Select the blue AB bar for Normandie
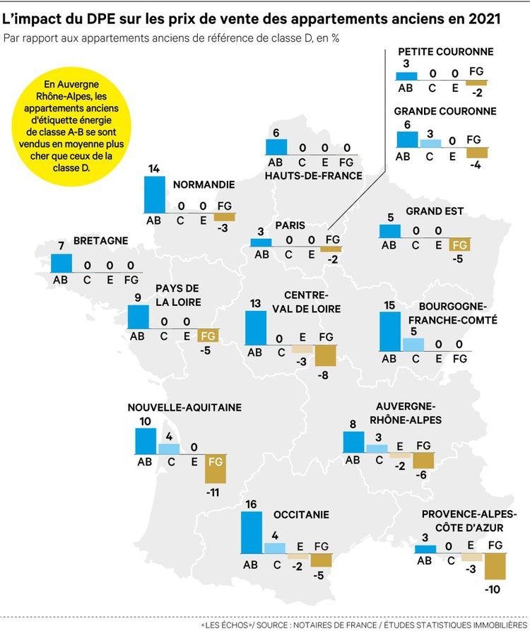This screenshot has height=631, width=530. tap(154, 194)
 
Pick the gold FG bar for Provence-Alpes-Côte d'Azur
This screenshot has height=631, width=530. tap(495, 565)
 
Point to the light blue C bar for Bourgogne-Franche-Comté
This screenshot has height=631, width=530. tap(413, 344)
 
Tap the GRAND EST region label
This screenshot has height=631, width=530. tap(435, 211)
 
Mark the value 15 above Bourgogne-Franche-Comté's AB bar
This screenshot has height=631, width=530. tap(390, 305)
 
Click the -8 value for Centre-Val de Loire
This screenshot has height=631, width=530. tap(325, 375)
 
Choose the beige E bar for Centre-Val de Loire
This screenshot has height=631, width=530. tap(302, 348)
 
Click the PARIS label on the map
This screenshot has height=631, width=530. tap(290, 226)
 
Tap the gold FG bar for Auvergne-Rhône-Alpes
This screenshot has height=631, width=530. tap(423, 461)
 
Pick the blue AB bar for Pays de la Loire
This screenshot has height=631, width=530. tap(139, 317)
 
